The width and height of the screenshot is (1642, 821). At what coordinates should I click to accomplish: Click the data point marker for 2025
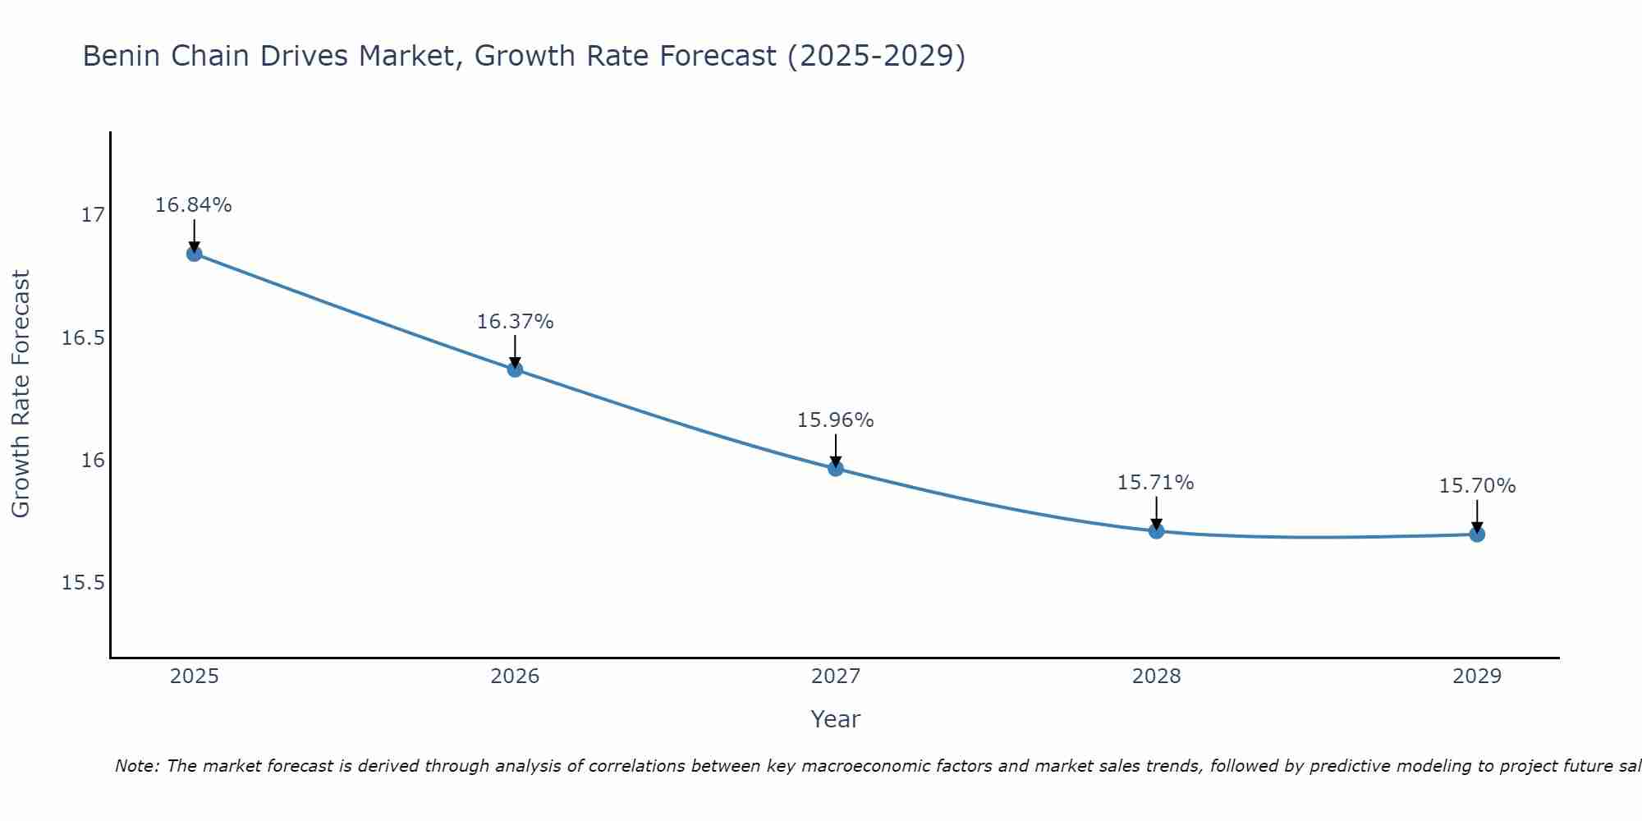[x=194, y=254]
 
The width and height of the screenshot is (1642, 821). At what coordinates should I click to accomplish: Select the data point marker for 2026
[x=515, y=369]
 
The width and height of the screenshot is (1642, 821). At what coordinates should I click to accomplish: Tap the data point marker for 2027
[x=836, y=469]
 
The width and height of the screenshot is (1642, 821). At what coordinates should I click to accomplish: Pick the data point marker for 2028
[x=1156, y=531]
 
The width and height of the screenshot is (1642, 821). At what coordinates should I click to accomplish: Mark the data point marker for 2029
[x=1477, y=534]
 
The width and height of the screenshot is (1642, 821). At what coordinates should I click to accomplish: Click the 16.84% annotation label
[x=194, y=205]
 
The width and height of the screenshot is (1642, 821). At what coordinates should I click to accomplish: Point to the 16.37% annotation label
[x=515, y=322]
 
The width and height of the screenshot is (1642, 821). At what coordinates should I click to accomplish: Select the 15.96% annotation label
[x=836, y=420]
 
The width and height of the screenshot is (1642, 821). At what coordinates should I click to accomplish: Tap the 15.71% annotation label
[x=1156, y=483]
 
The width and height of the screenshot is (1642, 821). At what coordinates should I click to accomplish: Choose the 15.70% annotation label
[x=1477, y=486]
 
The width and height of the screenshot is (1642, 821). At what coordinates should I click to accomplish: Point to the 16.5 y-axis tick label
[x=84, y=338]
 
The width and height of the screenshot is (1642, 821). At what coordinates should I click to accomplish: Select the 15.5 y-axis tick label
[x=84, y=583]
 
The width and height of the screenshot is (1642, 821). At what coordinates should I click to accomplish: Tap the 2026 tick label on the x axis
[x=515, y=677]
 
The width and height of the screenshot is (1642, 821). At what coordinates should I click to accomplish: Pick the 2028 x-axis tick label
[x=1156, y=677]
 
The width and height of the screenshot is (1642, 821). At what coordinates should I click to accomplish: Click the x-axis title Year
[x=835, y=719]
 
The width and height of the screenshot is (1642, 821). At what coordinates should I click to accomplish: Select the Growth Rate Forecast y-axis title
[x=21, y=394]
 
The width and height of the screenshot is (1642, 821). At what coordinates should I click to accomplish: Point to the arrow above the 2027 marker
[x=836, y=449]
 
